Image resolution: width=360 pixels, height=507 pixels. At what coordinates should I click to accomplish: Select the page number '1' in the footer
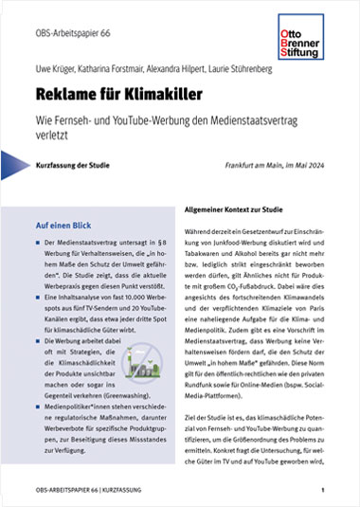323,490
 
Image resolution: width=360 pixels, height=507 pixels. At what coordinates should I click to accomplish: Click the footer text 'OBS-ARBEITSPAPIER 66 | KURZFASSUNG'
90,490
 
